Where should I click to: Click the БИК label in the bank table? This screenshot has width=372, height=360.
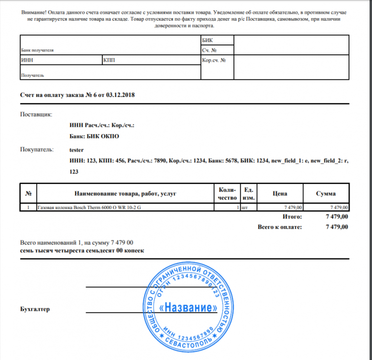tap(208, 40)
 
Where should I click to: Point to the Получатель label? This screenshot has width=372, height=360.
tap(32, 75)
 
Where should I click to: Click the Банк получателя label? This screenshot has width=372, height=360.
tap(37, 50)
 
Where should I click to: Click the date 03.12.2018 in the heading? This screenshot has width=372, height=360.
tap(120, 94)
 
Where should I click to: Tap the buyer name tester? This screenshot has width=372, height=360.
tap(77, 150)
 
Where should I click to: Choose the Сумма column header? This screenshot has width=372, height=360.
tap(325, 194)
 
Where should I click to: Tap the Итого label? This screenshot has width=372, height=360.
tap(293, 216)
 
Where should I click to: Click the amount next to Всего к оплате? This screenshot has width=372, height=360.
tap(337, 227)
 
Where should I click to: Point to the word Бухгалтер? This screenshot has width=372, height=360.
tap(35, 309)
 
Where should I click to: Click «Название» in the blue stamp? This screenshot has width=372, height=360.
tap(189, 308)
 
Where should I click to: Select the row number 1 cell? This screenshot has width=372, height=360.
tap(28, 207)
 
